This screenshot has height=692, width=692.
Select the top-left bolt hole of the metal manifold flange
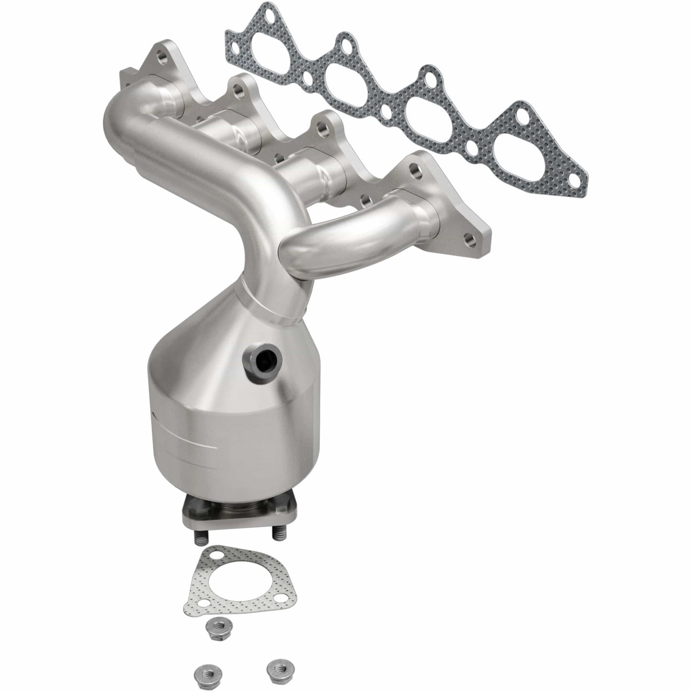click(x=162, y=59)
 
